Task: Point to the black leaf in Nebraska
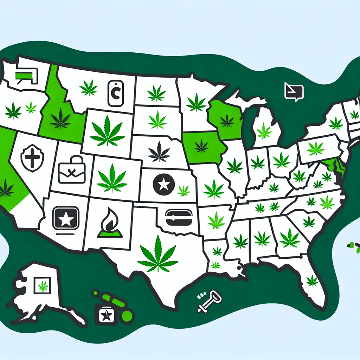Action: [x=159, y=152]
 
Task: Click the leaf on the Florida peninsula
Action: [x=312, y=280]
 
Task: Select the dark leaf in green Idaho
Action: [x=60, y=118]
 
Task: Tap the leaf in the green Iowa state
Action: [x=201, y=146]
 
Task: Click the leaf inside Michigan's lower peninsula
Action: [x=264, y=131]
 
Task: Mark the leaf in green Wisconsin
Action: [x=227, y=121]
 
